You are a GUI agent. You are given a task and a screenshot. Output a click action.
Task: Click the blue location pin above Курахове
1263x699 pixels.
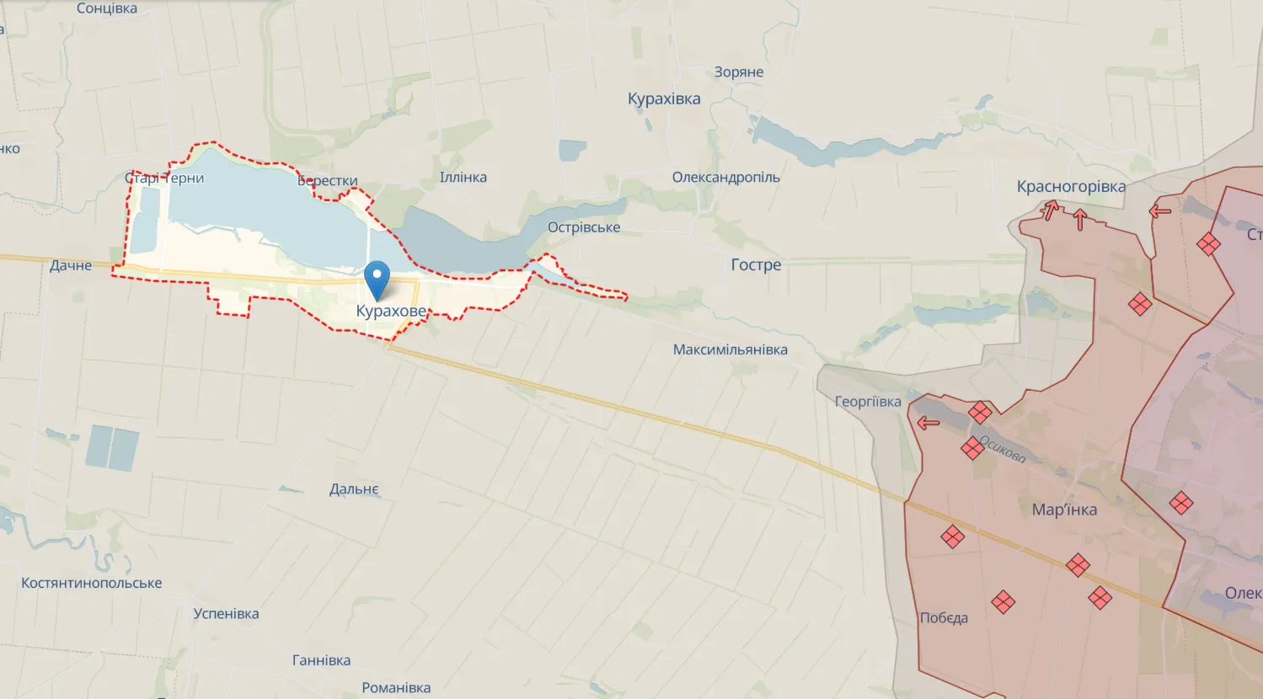376,278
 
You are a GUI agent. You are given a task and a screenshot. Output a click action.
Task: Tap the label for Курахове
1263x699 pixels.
391,312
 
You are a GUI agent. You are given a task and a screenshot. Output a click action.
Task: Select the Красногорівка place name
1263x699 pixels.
1070,187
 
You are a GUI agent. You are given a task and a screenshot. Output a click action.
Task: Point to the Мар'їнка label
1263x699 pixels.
1064,510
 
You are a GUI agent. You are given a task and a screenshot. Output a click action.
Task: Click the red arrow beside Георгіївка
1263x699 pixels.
928,423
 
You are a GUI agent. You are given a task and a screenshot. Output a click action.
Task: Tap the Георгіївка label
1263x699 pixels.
867,402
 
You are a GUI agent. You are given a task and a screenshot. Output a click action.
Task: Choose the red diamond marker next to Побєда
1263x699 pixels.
1003,601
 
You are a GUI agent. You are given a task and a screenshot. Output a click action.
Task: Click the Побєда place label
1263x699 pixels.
944,618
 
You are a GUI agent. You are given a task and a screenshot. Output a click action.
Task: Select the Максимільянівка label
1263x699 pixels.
730,349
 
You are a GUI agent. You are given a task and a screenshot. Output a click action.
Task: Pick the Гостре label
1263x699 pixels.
756,265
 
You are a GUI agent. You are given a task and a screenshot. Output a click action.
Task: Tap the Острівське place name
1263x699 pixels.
584,227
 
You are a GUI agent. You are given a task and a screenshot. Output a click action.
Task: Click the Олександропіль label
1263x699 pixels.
725,178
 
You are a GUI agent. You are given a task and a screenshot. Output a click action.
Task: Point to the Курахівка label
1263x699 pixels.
664,99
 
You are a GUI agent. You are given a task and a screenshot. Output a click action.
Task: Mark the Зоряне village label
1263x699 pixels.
739,72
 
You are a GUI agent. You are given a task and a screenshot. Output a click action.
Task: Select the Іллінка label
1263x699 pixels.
463,178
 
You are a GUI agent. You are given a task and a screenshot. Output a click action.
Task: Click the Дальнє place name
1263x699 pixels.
354,489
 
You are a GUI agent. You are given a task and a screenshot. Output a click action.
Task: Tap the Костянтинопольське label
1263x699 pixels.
91,583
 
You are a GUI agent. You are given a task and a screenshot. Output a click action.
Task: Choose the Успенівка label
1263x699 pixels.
226,614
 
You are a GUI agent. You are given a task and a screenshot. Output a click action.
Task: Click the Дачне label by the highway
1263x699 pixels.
71,266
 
